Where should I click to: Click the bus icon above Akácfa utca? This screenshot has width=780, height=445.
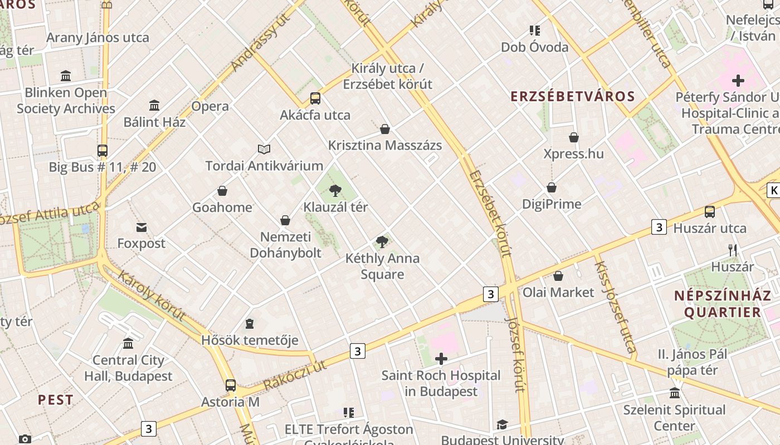coord(315,98)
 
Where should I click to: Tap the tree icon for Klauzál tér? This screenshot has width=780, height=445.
coord(335,191)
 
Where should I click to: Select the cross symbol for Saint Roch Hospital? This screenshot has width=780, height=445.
coord(441,359)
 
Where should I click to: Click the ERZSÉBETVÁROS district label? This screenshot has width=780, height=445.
coord(573,96)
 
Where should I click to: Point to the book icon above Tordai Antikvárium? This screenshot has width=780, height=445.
coord(264,149)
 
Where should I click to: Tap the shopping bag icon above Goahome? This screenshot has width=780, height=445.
coord(222,191)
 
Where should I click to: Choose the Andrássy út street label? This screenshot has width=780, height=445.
coord(261,43)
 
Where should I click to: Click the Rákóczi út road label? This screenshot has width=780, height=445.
coord(295,375)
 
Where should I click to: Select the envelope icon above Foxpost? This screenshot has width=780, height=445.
coord(142,227)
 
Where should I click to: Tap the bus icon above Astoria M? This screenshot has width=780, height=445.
coord(230,385)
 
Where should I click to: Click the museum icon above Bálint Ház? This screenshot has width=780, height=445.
coord(154,105)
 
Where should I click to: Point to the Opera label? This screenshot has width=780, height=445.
coord(210,106)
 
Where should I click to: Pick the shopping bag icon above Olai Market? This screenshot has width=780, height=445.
coord(558,276)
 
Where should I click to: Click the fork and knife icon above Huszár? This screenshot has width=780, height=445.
coord(733,250)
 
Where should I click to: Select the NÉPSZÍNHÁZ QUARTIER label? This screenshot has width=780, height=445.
coord(718,304)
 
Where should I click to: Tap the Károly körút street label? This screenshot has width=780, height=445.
coord(152,297)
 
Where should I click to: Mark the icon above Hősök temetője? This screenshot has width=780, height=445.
coord(250,324)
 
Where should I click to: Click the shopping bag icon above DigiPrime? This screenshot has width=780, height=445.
coord(552,187)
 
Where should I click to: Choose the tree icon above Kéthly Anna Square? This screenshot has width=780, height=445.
coord(382,241)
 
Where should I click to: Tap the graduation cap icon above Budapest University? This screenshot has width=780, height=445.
coord(502,424)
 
